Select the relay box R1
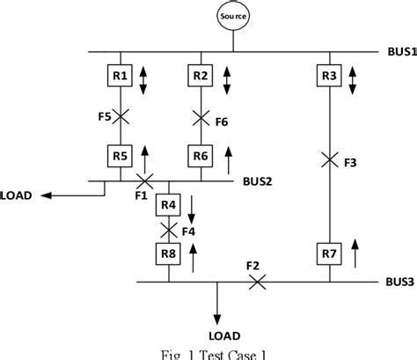point(121,77)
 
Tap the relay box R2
point(201,77)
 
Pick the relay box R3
point(328,77)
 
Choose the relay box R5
point(121,157)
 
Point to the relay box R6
point(201,157)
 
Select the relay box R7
point(328,255)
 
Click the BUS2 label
point(258,182)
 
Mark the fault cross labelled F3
point(328,160)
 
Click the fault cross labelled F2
point(257,282)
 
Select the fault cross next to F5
point(121,115)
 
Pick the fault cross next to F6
point(201,115)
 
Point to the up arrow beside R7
point(355,255)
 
